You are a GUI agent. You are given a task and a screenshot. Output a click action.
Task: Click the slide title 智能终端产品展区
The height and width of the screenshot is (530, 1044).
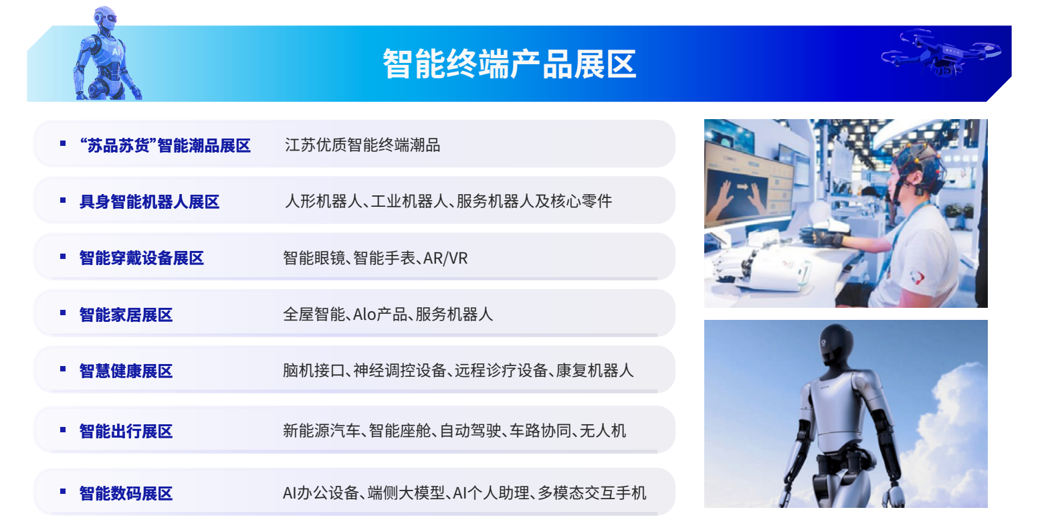510,64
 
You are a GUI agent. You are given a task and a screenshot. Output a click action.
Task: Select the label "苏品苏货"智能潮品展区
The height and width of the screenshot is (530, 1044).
165,145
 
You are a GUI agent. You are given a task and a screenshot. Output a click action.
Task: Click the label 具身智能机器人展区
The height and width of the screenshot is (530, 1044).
149,202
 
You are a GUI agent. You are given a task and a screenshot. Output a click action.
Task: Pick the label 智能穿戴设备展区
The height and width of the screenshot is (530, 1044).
142,258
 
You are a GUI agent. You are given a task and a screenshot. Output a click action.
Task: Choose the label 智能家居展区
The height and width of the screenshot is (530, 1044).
126,315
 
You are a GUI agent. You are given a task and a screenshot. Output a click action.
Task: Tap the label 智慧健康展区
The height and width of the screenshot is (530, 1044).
126,371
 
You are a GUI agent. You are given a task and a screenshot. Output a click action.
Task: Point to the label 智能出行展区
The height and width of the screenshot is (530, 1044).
126,431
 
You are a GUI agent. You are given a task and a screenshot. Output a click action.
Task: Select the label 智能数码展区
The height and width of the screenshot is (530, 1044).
126,493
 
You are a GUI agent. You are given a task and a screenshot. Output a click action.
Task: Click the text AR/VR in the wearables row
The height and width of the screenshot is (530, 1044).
445,258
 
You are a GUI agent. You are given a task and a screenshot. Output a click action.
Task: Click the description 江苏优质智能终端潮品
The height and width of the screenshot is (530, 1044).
362,145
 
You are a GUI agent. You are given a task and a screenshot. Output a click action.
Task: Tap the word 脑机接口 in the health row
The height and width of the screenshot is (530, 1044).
314,371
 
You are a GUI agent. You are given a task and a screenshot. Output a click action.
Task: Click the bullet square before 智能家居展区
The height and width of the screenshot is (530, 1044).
63,313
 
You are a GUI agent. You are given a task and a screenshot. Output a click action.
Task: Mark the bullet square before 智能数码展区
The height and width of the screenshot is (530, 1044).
63,491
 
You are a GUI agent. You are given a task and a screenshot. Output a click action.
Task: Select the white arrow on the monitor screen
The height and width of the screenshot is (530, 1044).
742,187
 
